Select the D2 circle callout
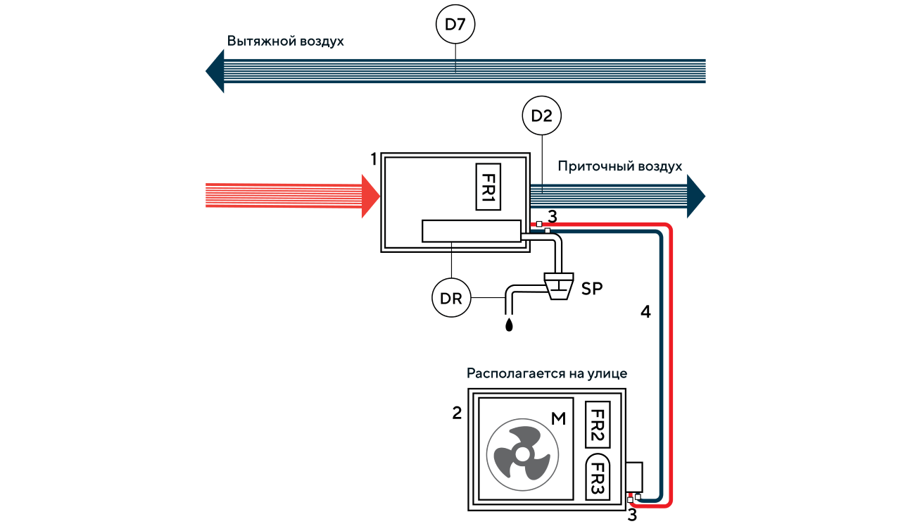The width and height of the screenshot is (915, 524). click(541, 116)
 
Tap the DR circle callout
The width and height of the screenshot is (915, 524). click(450, 299)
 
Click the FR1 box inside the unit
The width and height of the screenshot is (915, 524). click(488, 187)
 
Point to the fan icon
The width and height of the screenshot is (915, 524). click(522, 454)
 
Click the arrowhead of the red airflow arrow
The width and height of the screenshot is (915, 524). click(370, 196)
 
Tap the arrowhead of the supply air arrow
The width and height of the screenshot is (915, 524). click(696, 195)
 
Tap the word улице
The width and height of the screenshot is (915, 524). click(607, 373)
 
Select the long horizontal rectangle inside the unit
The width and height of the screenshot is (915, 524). click(471, 231)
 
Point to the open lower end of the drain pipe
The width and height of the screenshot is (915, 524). click(509, 309)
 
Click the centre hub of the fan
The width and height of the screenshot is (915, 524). click(522, 455)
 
